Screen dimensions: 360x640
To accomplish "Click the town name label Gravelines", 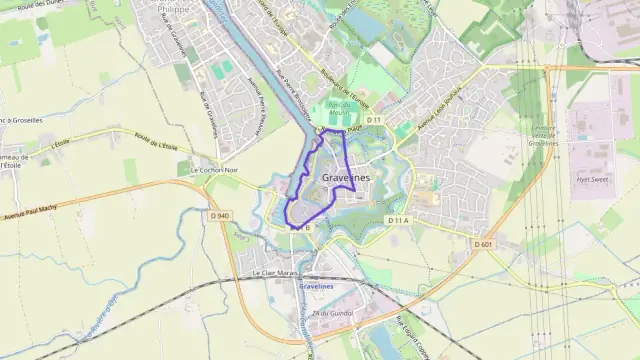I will (347, 177).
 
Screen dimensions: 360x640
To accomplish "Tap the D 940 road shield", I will (220, 215).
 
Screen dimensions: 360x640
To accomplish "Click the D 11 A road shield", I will (399, 219).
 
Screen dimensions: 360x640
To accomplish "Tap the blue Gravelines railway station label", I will (317, 287).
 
